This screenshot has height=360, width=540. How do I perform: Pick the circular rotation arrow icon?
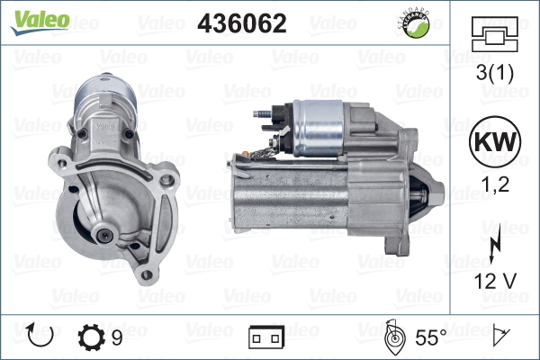coord(41,337)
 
